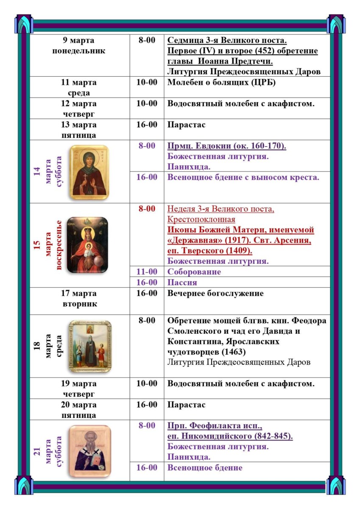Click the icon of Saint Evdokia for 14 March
click(x=89, y=172)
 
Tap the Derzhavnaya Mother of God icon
click(x=88, y=245)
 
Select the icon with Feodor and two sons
click(x=90, y=346)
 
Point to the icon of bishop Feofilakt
click(x=89, y=447)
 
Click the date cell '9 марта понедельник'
click(x=78, y=46)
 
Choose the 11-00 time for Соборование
click(x=147, y=271)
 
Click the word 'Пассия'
click(x=182, y=282)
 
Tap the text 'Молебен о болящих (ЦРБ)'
click(x=221, y=82)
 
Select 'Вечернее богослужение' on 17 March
click(x=215, y=294)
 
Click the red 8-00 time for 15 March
click(x=147, y=209)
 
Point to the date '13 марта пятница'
click(x=78, y=130)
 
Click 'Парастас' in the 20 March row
click(x=186, y=405)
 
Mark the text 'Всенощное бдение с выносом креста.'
click(x=243, y=177)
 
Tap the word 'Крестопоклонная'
click(x=201, y=220)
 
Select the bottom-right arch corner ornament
click(x=336, y=485)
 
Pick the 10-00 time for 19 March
click(x=147, y=383)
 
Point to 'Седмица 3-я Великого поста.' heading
click(x=227, y=41)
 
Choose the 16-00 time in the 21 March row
click(x=147, y=467)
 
